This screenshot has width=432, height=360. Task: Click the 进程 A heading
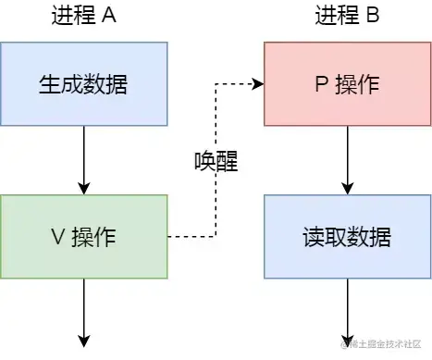[82, 16]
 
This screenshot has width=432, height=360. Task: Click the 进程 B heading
[347, 16]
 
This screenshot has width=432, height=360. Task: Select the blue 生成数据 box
[83, 84]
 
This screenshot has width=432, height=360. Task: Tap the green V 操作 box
[83, 236]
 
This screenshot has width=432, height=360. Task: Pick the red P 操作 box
[347, 84]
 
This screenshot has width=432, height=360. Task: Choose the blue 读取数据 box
[347, 236]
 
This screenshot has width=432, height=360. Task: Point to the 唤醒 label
[216, 162]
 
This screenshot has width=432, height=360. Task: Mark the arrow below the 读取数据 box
[347, 310]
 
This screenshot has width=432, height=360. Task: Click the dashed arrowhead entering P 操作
[258, 84]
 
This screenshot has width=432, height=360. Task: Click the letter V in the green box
[56, 237]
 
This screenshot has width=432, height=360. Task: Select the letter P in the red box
[321, 84]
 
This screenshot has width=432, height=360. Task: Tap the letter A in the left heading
[109, 16]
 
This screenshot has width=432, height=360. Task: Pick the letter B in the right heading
[374, 16]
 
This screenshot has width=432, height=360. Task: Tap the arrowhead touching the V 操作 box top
[83, 189]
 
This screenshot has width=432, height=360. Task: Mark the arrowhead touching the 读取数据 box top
[347, 189]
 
